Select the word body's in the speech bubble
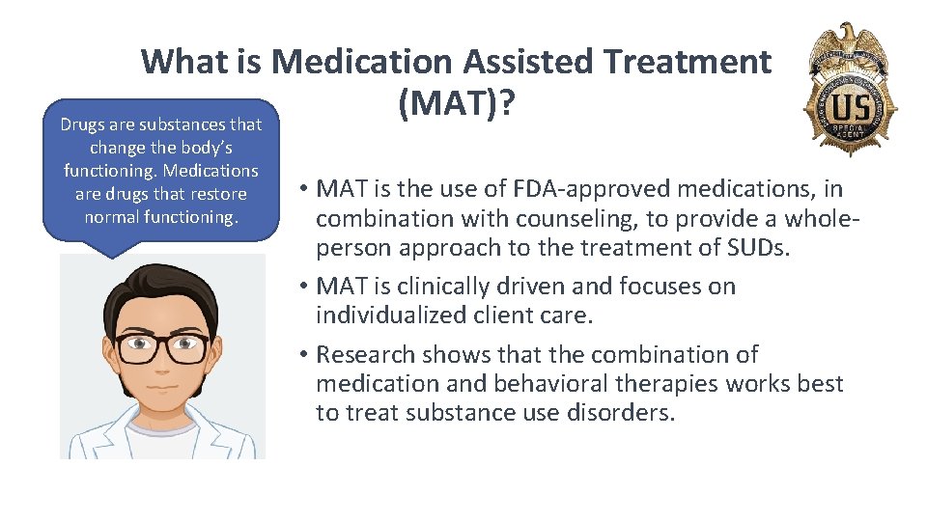tap(204, 148)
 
